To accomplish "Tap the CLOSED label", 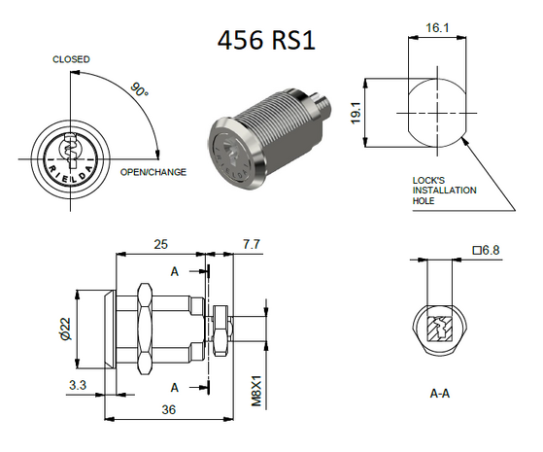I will (71, 60).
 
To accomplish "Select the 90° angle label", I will (139, 90).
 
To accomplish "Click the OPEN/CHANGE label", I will (153, 172).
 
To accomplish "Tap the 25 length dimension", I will (161, 243).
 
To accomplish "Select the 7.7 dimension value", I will (250, 243).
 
